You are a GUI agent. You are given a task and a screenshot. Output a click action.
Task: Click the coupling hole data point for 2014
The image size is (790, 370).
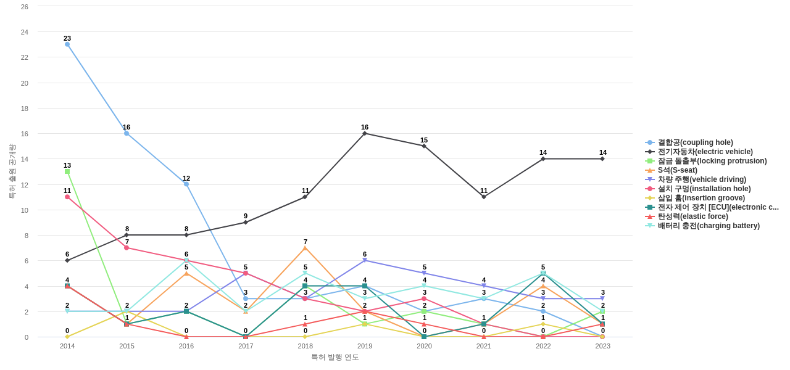coord(67,44)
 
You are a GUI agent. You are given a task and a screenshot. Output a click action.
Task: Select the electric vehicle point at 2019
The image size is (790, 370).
coord(365,133)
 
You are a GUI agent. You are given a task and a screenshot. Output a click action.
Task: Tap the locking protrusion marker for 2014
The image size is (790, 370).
coord(67,171)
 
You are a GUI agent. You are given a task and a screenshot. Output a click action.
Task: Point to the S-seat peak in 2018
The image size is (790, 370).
coord(305,248)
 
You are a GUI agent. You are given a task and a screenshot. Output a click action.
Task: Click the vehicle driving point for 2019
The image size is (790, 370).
coord(365,260)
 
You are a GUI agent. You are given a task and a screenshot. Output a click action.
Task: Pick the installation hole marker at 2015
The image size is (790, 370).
coord(127,248)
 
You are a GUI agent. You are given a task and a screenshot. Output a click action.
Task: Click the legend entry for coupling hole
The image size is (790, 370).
coord(695,142)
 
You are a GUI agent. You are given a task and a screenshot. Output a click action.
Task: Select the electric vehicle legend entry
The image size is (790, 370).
coord(705,152)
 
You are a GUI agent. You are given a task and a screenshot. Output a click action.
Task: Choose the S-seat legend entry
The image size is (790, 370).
coord(677,170)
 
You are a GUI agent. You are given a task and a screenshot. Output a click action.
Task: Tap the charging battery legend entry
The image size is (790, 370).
coord(709,226)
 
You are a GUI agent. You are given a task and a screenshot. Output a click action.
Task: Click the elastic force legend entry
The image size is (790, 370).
coord(692,216)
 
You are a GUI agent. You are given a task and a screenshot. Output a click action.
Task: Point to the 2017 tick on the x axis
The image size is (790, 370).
coord(246,346)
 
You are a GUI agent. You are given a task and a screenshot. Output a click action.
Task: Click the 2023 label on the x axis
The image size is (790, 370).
coord(603,346)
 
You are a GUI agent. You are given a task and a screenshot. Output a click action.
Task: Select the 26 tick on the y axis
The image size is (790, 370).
coord(25,7)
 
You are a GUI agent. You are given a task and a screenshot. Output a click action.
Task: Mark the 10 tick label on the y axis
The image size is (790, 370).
coord(25,210)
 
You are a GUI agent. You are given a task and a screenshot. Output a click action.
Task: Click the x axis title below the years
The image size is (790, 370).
coord(335,357)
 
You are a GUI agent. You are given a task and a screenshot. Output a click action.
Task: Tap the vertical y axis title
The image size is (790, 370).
coord(12,171)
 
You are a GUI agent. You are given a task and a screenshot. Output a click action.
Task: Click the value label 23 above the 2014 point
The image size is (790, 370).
coord(67,38)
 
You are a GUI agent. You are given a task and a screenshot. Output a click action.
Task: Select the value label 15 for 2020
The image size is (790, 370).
coord(424,140)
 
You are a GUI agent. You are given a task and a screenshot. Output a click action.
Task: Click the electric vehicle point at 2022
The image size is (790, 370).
coord(543,159)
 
